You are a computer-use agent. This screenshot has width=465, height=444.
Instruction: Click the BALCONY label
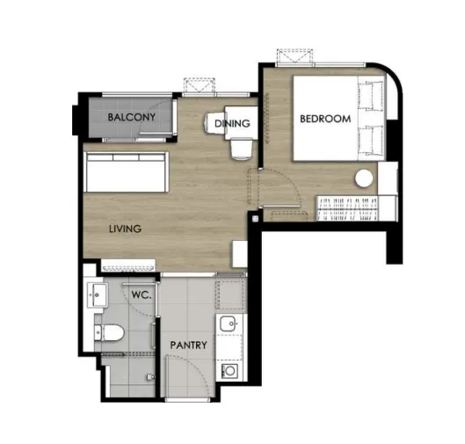click(131, 117)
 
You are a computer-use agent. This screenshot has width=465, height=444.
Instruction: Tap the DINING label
click(232, 123)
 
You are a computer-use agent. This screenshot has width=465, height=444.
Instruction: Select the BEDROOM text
click(325, 119)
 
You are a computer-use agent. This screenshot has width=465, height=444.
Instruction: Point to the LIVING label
click(125, 229)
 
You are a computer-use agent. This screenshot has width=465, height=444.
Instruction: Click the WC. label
click(142, 295)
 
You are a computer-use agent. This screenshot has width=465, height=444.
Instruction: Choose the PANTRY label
click(189, 345)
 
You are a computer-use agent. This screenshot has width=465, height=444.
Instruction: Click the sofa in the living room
click(127, 171)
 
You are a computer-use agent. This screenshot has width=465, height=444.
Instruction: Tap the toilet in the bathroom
click(109, 333)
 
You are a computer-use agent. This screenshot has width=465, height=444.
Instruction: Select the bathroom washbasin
click(97, 295)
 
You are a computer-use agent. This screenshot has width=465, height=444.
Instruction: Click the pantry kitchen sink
click(228, 324)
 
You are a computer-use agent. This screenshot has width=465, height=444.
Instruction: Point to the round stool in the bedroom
click(364, 178)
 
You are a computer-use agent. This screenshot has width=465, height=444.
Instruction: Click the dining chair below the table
click(242, 149)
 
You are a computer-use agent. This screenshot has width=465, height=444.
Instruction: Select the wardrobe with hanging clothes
click(347, 208)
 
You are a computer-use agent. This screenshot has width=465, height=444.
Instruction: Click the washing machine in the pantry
click(229, 370)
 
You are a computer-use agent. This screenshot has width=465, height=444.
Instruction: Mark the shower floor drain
click(151, 377)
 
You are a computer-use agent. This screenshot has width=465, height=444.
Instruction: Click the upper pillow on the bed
click(371, 96)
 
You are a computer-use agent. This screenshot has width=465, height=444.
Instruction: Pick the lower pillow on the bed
click(371, 140)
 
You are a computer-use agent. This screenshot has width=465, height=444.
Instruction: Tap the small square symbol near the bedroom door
click(255, 219)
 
